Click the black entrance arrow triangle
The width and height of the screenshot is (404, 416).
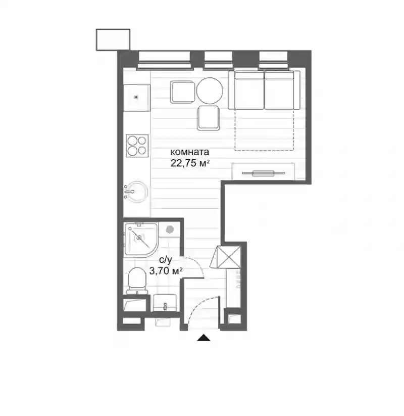[x=204, y=338]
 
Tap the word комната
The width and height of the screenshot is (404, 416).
[x=189, y=152]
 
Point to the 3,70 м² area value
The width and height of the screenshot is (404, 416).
[x=166, y=271]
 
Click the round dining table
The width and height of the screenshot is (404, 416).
[x=210, y=91]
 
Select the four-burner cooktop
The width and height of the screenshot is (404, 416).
[x=137, y=146]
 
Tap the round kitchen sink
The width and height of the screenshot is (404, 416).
[x=136, y=192]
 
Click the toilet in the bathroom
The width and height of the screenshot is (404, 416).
[x=137, y=281]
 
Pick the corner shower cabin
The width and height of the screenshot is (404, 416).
[x=140, y=239]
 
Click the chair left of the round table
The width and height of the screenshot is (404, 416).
[x=183, y=92]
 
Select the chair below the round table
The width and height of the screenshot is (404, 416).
[x=209, y=118]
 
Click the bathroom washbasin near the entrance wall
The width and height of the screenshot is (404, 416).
[x=165, y=303]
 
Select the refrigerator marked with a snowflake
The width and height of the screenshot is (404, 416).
[x=137, y=98]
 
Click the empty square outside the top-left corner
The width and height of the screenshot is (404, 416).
[x=113, y=39]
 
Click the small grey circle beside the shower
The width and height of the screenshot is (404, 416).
[x=170, y=229]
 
